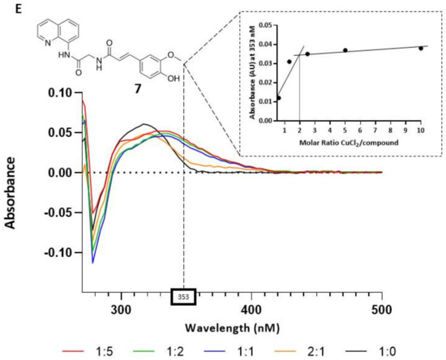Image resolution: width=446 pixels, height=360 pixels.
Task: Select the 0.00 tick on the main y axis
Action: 58,173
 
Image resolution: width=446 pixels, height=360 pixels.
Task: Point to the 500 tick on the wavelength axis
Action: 382,309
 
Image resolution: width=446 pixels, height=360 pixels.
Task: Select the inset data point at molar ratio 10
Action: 421,49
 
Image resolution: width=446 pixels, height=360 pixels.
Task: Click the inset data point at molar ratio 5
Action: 345,50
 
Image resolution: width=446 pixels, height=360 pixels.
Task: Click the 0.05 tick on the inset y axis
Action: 265,25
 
